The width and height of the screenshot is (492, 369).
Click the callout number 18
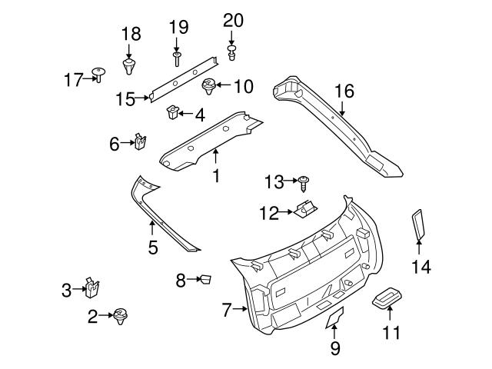pos(131,33)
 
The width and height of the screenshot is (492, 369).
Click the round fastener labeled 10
pos(208,86)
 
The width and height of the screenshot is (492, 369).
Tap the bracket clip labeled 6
pos(141,142)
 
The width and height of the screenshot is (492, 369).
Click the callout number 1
pos(216,176)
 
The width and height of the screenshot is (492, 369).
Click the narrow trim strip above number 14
pos(419,223)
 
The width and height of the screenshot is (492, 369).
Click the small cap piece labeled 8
pos(205,280)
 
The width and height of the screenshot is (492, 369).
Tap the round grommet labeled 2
pos(120,314)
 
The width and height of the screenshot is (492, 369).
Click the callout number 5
pos(152,247)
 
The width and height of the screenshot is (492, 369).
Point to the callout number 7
pos(226,311)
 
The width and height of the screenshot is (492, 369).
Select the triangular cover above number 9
pos(335,316)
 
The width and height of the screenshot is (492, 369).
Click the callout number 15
pos(125,98)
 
